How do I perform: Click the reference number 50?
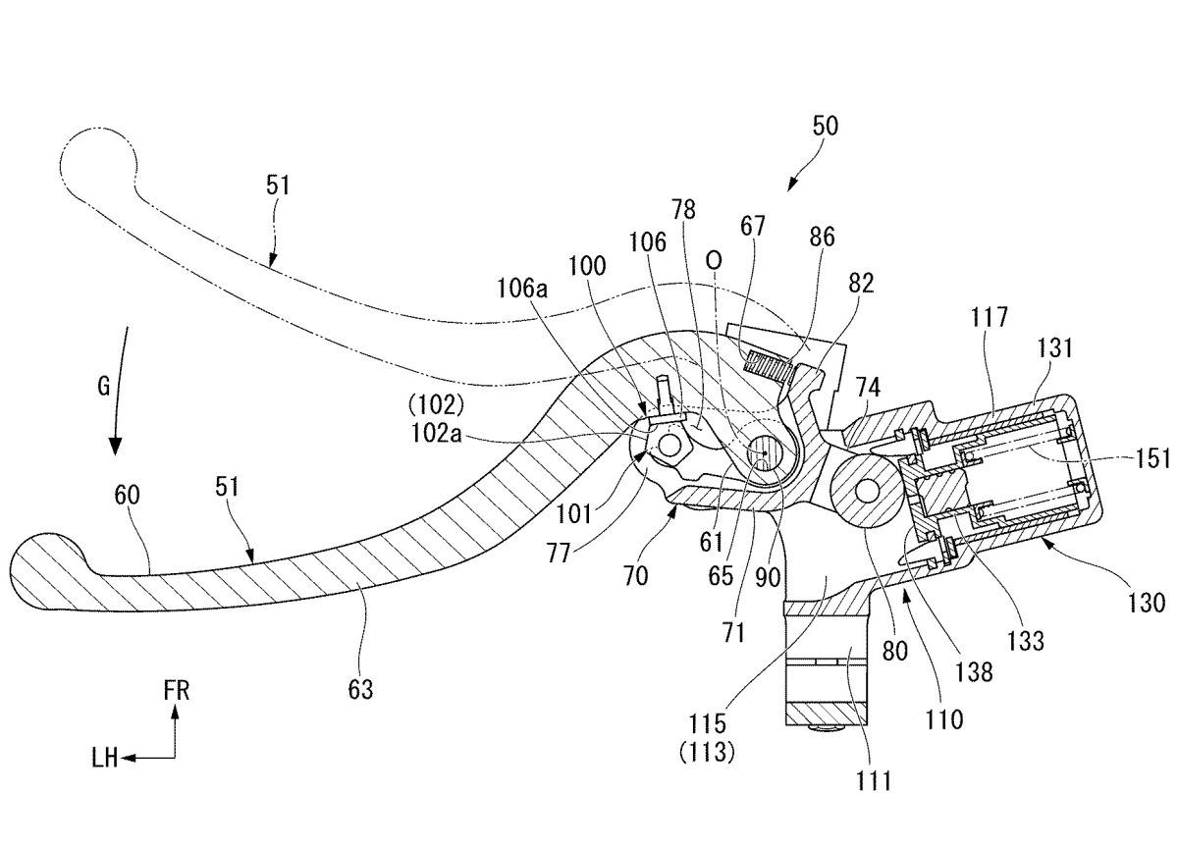click(826, 127)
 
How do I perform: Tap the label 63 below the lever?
click(361, 690)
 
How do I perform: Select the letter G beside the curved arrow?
click(104, 387)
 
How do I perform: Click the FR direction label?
click(176, 690)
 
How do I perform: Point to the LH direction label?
click(105, 758)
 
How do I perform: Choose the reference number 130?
click(1147, 603)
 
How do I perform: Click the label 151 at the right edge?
click(1152, 458)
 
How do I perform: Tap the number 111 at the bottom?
click(874, 781)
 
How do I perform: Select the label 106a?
click(522, 290)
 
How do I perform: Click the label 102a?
click(436, 434)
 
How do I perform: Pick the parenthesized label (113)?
click(706, 754)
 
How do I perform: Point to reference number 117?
click(990, 317)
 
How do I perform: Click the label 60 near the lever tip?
click(128, 496)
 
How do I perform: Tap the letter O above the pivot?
click(714, 260)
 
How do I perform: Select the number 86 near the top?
click(822, 238)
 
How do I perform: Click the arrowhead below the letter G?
click(115, 446)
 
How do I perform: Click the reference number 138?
click(974, 672)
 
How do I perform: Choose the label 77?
click(558, 554)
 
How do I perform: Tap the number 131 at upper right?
click(1055, 348)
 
